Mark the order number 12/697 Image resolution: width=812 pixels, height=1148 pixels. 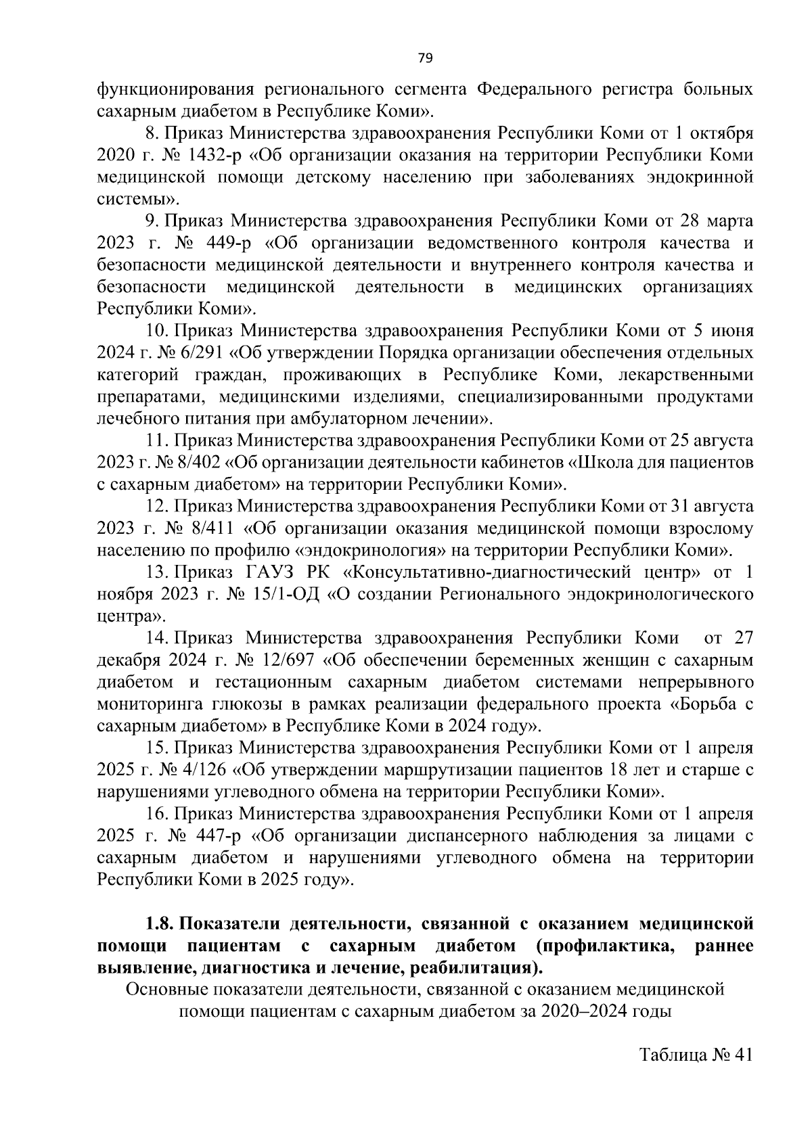tap(288, 660)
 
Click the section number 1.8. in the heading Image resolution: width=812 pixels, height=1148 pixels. tap(160, 923)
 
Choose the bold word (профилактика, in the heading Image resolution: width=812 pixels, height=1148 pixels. tap(604, 945)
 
